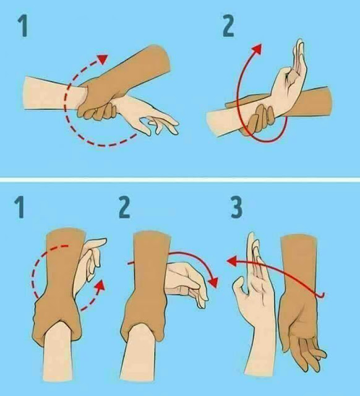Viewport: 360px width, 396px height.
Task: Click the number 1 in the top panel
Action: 23,26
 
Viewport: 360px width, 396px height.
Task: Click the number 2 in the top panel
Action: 228,26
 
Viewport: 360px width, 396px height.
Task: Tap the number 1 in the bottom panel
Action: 20,209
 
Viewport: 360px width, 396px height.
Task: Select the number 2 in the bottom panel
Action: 125,209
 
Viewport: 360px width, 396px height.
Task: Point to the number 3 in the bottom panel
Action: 236,209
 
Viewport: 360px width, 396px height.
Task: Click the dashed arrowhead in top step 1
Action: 103,59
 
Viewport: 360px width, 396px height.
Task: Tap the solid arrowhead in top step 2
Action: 257,49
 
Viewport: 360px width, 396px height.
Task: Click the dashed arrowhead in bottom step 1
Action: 101,285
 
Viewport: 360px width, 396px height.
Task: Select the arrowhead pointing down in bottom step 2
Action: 214,282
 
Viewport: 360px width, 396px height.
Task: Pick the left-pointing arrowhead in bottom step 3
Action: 231,261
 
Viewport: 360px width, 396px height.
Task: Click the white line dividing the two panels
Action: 180,180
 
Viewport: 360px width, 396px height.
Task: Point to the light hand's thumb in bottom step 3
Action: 239,285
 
